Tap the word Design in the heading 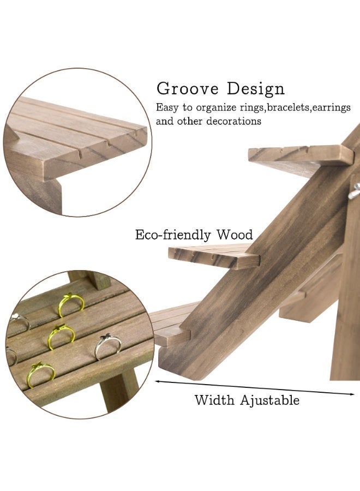(x=256, y=88)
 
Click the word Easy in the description (x=167, y=107)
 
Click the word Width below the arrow (x=214, y=400)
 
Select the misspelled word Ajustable (x=270, y=400)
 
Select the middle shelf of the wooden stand (x=214, y=256)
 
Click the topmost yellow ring (x=71, y=304)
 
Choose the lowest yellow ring (x=41, y=374)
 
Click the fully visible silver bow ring (x=107, y=346)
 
